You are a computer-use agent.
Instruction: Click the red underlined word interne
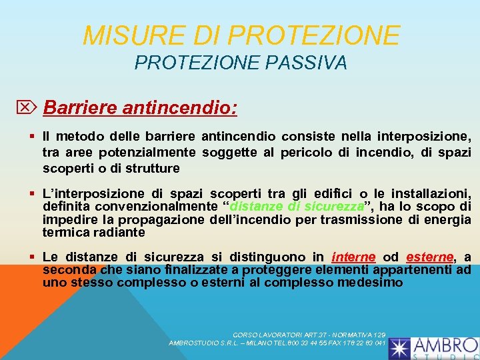(x=353, y=257)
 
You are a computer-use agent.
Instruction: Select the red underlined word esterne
(x=429, y=257)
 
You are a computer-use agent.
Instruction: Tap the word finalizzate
(x=198, y=269)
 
